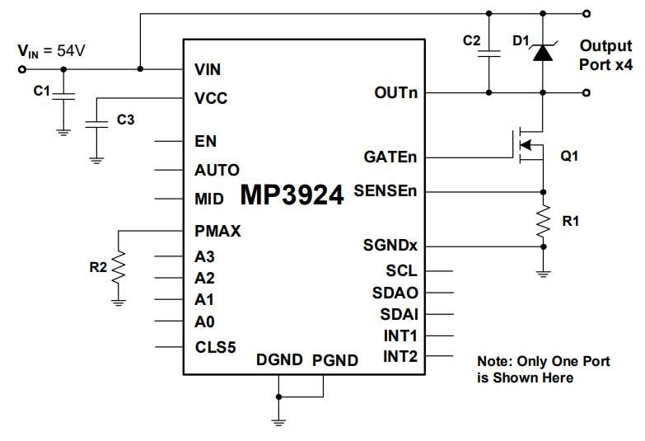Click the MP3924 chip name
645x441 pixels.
coord(292,195)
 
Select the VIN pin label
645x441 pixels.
coord(207,69)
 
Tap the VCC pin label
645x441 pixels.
coord(211,99)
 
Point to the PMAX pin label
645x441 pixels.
coord(217,232)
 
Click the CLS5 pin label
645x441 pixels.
coord(215,347)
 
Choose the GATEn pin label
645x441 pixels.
coord(390,157)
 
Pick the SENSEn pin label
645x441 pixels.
coord(386,190)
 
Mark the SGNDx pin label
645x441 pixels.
coord(390,246)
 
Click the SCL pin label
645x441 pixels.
coord(401,270)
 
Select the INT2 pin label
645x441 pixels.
coord(400,356)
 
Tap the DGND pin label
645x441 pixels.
coord(280,360)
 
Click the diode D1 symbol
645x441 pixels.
coord(542,53)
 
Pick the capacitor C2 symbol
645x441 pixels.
coord(489,52)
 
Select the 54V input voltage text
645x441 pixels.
coord(70,51)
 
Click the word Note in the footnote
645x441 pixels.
coord(494,361)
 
